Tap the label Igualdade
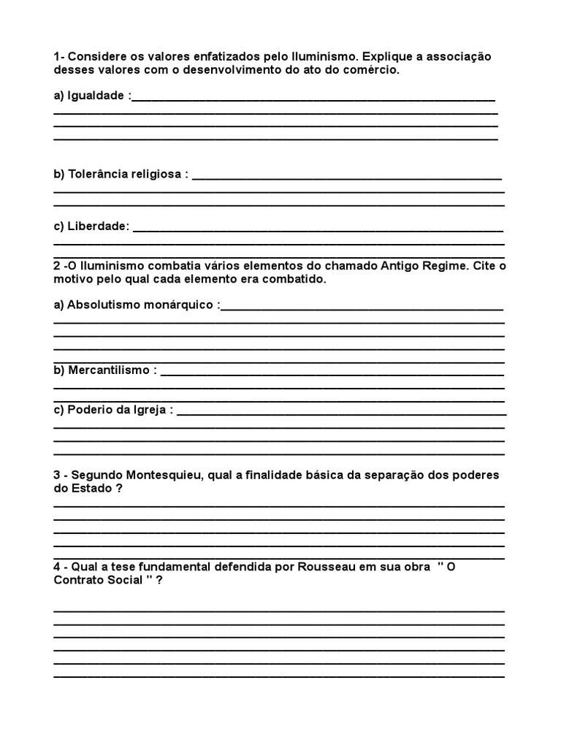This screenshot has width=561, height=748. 96,95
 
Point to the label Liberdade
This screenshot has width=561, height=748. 98,226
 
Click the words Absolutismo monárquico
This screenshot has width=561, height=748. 142,304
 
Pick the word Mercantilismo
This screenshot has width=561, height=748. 110,370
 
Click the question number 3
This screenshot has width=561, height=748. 57,475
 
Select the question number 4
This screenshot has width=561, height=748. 57,567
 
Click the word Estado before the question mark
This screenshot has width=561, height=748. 88,489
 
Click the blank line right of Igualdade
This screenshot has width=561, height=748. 314,98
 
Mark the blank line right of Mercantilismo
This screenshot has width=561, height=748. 332,373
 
